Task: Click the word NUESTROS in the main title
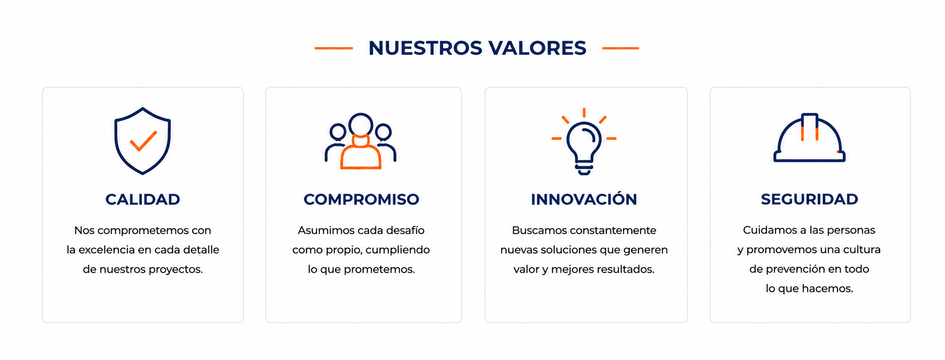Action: click(x=425, y=48)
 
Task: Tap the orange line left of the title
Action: click(x=334, y=48)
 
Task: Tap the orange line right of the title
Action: click(x=621, y=48)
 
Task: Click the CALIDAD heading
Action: click(x=143, y=199)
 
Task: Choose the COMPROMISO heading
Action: click(x=362, y=199)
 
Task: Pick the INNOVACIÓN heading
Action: click(x=584, y=199)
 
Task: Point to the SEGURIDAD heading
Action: click(x=810, y=199)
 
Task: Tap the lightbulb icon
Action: click(x=584, y=142)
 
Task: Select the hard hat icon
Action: click(x=810, y=138)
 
